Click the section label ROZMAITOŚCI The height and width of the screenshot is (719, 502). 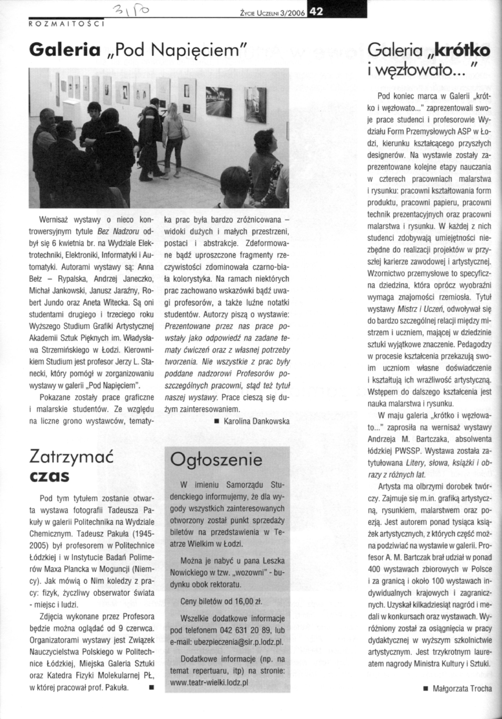coord(66,24)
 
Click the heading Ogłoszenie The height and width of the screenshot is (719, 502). coord(216,460)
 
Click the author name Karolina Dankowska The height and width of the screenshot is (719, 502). coord(256,421)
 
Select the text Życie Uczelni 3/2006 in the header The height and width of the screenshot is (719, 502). coord(272,13)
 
